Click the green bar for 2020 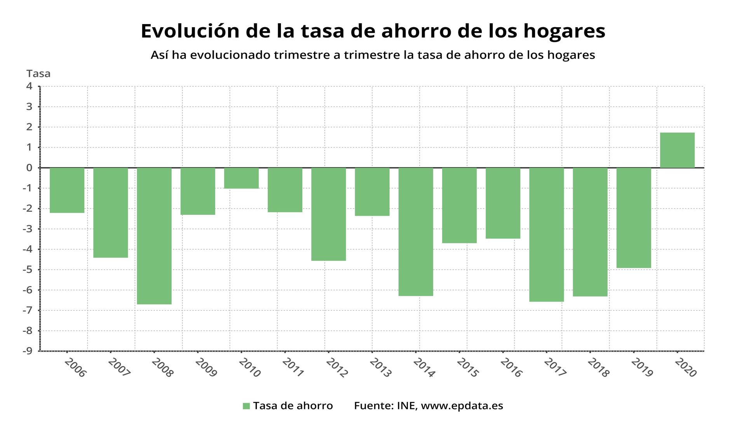[677, 150]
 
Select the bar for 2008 [154, 236]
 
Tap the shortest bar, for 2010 [241, 178]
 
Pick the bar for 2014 [416, 232]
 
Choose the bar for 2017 [546, 234]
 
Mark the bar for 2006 [67, 190]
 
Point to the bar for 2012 [328, 214]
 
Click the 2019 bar [634, 218]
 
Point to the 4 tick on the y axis [30, 86]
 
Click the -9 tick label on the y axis [27, 351]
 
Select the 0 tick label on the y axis [30, 168]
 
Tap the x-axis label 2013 [380, 368]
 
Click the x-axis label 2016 [511, 368]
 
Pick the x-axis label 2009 [206, 368]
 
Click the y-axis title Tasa [38, 73]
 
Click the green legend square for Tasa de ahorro [246, 406]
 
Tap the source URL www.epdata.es [462, 406]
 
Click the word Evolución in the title [190, 31]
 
